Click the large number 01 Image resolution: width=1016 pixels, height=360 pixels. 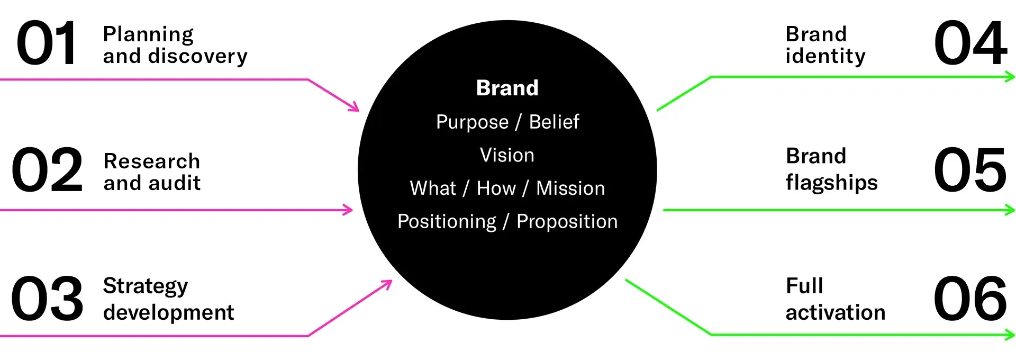click(47, 43)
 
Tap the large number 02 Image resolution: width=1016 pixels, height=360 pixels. click(47, 170)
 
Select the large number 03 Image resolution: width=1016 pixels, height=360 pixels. click(47, 299)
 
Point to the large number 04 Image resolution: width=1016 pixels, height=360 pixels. click(970, 43)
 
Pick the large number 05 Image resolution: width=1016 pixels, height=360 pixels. click(970, 170)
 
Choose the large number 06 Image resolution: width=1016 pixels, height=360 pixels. click(970, 299)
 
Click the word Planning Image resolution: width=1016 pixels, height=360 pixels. click(149, 35)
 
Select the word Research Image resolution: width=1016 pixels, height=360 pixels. click(152, 161)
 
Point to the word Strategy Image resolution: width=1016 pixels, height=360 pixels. click(146, 286)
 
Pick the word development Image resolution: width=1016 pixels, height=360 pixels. click(169, 312)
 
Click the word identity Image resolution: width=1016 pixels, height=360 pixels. click(825, 56)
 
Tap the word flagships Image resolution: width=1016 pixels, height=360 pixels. click(832, 183)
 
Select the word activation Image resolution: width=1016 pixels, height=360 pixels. click(836, 312)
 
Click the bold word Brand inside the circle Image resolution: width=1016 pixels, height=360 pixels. click(507, 88)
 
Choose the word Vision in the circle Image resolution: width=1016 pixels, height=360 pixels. click(507, 155)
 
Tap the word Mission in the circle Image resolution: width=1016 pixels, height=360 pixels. click(570, 188)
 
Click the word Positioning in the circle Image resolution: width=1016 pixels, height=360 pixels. click(447, 222)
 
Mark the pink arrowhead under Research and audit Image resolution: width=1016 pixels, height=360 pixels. click(348, 210)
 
